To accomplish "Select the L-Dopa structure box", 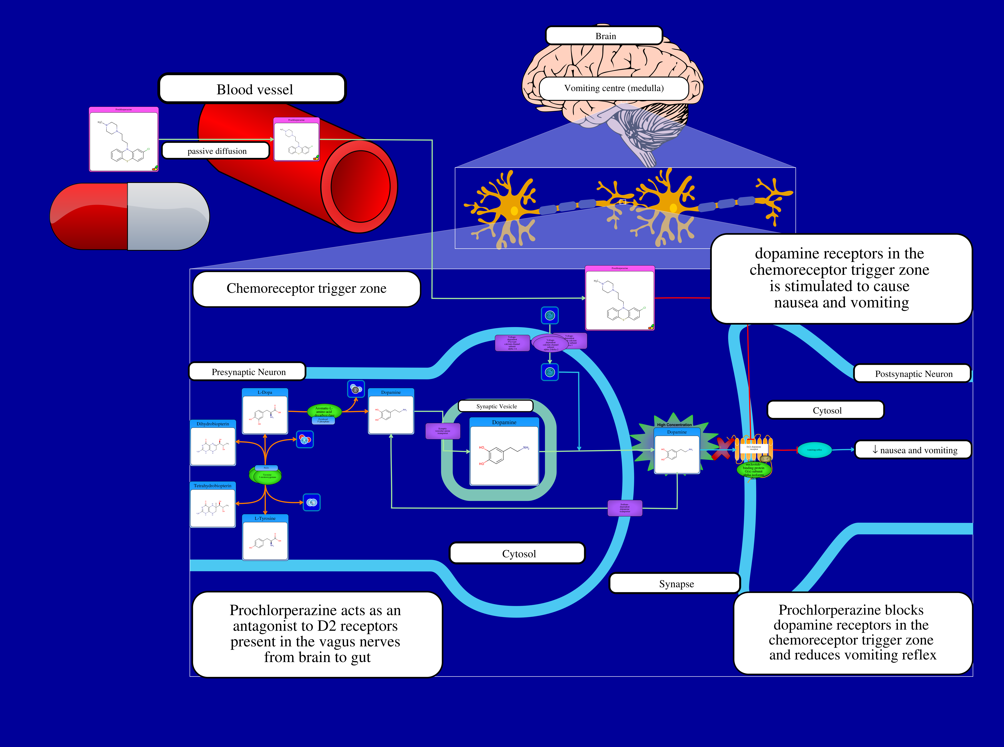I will click(x=265, y=411).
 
